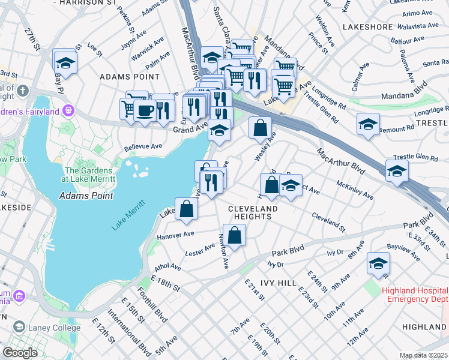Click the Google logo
point(20,353)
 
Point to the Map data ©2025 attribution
point(423,355)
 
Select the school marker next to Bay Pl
point(64,62)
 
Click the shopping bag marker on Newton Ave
point(234,235)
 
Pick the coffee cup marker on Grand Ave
point(144,110)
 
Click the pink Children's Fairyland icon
point(69,110)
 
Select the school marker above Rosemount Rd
point(367,125)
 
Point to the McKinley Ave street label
point(355,190)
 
